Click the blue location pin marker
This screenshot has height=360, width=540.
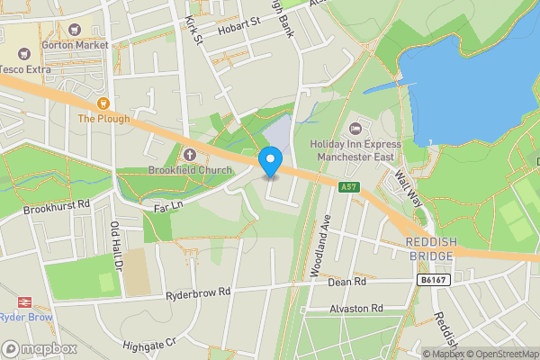coord(270,162)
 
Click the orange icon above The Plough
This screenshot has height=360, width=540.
coord(103,103)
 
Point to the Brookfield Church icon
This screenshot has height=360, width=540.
coord(190,154)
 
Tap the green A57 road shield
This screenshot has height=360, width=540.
coord(351,187)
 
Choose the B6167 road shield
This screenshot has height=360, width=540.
coord(433,281)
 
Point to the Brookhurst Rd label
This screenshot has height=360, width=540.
coord(58,206)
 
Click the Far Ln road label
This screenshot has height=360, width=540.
coord(168,207)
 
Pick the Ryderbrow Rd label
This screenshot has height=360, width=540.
coord(198,292)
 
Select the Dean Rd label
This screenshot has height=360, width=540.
coord(347,282)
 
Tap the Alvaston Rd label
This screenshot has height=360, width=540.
coord(356,308)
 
